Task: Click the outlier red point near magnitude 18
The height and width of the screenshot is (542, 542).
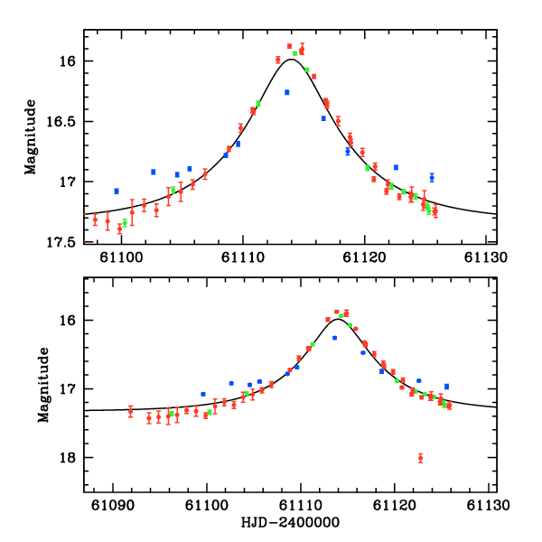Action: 420,458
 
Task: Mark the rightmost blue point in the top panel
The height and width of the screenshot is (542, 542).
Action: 432,177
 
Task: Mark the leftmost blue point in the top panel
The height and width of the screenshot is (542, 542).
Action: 117,191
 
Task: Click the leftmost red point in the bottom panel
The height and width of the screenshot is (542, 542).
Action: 130,411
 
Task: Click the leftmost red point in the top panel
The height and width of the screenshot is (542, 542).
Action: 95,220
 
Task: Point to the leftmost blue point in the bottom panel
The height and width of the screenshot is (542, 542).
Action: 203,394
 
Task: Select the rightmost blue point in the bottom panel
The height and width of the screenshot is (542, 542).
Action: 446,387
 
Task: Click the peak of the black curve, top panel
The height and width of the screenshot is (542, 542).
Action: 290,60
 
